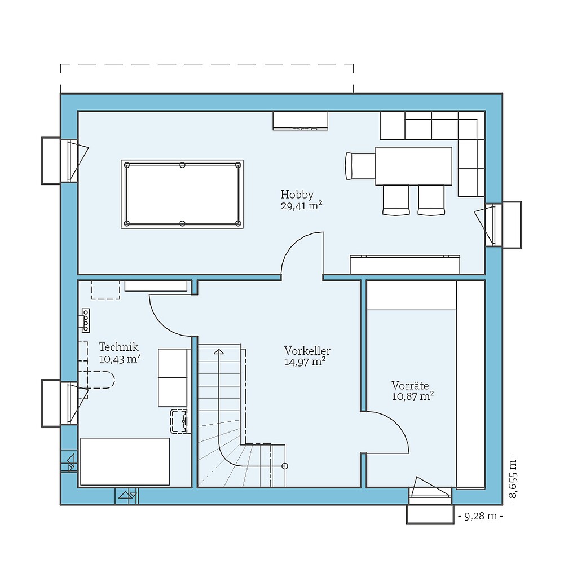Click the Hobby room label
coord(297,194)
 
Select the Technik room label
coord(118,347)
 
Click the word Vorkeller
coord(307,351)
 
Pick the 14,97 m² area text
coord(305,362)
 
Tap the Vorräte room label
coord(410,385)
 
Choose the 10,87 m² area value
coord(412,396)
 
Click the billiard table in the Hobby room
coord(182,194)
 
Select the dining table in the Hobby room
coord(413,166)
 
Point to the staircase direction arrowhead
coord(218,352)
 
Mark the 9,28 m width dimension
coord(481,516)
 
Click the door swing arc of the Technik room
coord(164,321)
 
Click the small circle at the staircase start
coord(285,466)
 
